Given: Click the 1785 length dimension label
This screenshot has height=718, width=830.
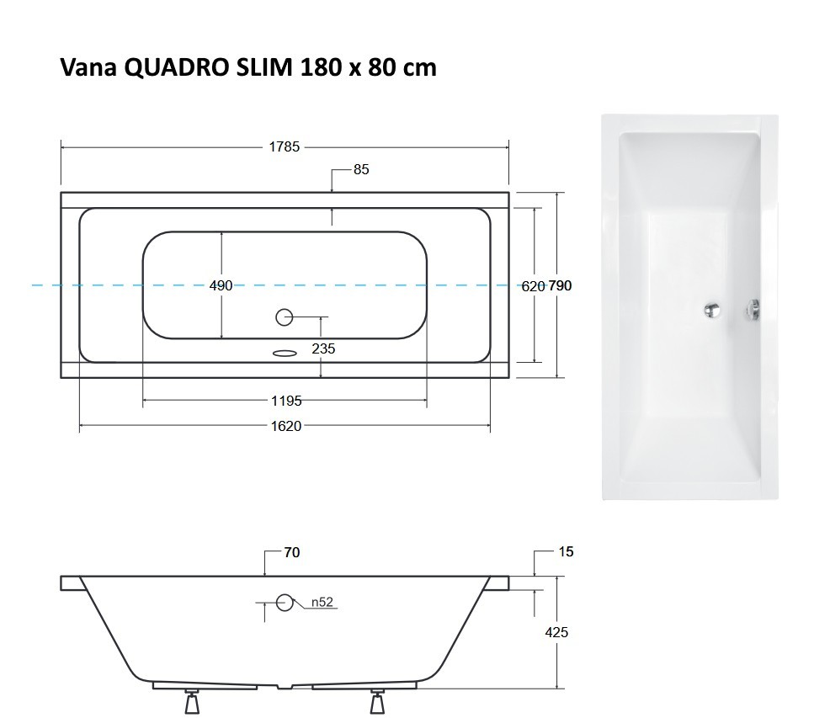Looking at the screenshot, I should (284, 146).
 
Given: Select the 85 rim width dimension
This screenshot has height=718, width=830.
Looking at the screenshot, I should (361, 169).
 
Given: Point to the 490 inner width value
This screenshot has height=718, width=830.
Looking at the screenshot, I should (221, 286).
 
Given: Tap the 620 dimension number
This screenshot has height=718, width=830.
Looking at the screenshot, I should (532, 286).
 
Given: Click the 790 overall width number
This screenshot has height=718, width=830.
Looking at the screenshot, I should (560, 286).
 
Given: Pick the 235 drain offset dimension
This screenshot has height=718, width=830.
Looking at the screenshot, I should (322, 348).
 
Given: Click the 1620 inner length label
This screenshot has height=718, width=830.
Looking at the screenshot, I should (285, 427).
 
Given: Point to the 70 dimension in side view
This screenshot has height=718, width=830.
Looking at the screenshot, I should (291, 553).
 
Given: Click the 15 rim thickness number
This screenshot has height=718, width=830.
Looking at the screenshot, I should (566, 552).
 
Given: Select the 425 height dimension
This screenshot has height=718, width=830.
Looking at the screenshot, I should (557, 632).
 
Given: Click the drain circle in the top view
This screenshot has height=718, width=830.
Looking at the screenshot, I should (285, 317).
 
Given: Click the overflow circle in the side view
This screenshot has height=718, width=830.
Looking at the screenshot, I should (285, 603).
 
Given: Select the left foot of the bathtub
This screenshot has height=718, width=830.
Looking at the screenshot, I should (193, 702).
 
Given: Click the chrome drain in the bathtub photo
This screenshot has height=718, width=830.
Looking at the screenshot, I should (713, 310).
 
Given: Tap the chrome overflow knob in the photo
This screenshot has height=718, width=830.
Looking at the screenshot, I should (753, 311).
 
